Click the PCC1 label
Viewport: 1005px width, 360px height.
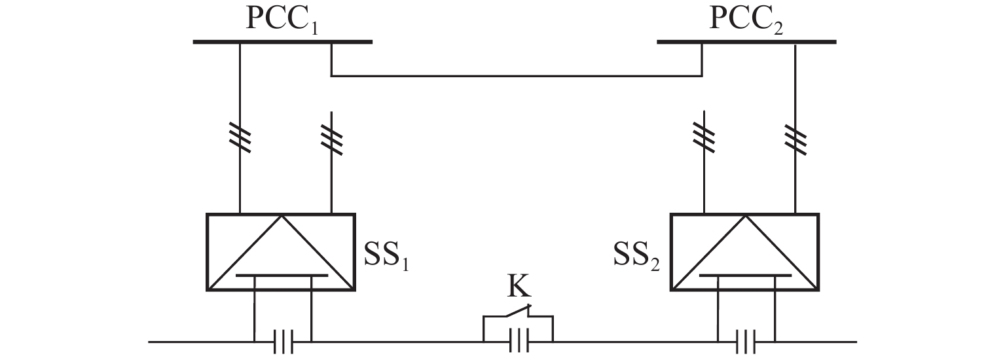tap(282, 20)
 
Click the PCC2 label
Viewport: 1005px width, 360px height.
tap(746, 20)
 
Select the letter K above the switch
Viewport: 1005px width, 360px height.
tap(519, 285)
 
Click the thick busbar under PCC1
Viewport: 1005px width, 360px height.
tap(283, 42)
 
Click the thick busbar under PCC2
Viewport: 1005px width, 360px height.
tap(746, 42)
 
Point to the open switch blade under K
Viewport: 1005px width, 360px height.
tap(519, 311)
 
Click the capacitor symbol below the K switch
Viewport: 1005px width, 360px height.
tap(519, 341)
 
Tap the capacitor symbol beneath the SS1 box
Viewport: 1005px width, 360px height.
tap(283, 342)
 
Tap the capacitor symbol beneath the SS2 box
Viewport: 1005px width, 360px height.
tap(746, 342)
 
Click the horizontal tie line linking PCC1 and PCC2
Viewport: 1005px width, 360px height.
tap(517, 76)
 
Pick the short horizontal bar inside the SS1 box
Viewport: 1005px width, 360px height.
tap(282, 276)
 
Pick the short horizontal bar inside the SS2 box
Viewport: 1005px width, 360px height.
tap(746, 276)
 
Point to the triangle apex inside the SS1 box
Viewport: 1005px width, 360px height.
tap(282, 215)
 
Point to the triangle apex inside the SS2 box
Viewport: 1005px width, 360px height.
tap(746, 215)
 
